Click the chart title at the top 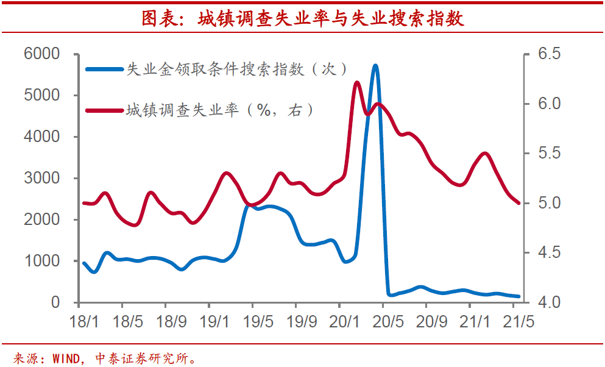302,18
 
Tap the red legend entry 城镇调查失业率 219,110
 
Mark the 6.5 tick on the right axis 549,54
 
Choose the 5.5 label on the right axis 549,153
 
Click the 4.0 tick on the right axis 549,302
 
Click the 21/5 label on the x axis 518,321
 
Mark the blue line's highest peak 375,65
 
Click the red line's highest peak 357,82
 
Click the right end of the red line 518,203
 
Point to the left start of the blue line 83,263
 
